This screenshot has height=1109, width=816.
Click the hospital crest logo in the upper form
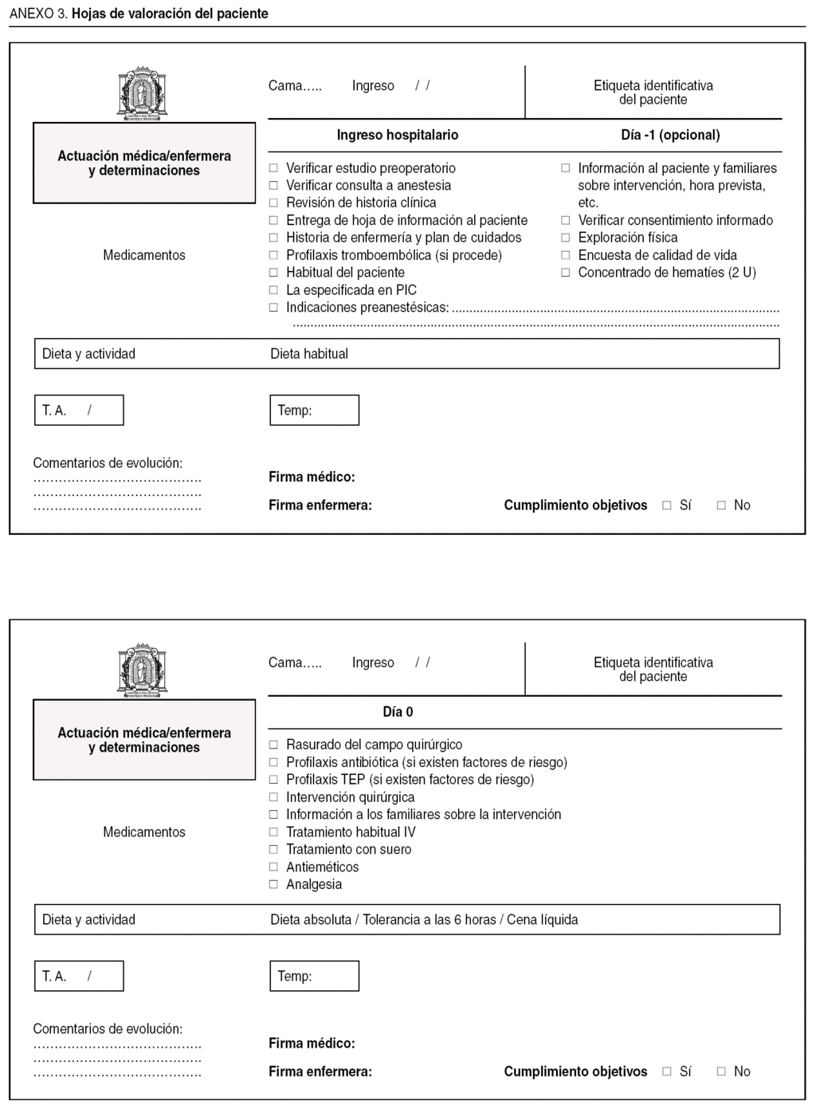[x=143, y=94]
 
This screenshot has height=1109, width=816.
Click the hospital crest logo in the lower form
[x=143, y=671]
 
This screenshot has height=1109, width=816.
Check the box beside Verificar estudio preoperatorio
[x=273, y=168]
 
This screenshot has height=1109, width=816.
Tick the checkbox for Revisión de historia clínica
[x=273, y=203]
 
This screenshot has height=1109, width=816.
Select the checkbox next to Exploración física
[x=566, y=238]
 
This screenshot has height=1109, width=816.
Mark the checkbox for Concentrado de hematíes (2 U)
[x=566, y=273]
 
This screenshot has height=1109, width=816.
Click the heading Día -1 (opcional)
[x=670, y=135]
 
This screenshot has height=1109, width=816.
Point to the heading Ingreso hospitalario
[x=397, y=135]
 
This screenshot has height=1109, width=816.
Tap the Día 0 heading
[x=398, y=712]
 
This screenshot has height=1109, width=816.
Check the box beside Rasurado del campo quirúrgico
[x=273, y=745]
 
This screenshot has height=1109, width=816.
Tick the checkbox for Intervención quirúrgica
[x=273, y=797]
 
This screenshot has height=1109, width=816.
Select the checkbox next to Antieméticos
[x=273, y=867]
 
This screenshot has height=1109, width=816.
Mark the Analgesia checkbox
[x=273, y=884]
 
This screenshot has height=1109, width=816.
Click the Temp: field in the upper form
[x=314, y=411]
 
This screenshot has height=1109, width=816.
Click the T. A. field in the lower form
[x=79, y=976]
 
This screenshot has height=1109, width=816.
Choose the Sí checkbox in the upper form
[x=667, y=505]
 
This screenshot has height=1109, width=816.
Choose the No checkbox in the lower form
[x=721, y=1072]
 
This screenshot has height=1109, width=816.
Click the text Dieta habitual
[x=309, y=354]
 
